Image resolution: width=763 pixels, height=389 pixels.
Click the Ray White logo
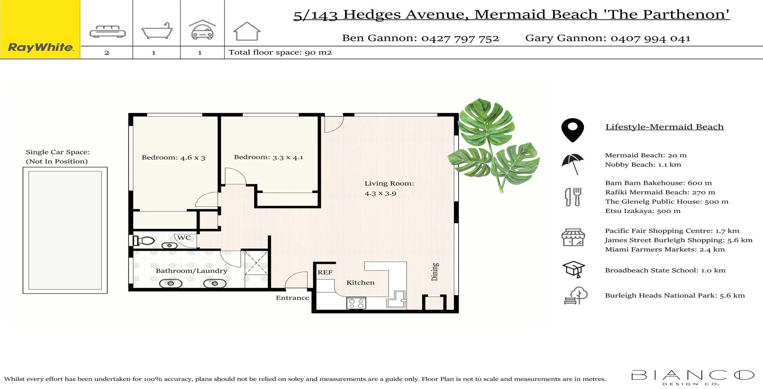(x=40, y=47)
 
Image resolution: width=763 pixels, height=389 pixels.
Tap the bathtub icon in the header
(x=157, y=31)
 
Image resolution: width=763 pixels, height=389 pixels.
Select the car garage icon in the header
(x=202, y=30)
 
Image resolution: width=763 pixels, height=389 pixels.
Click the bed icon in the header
(x=107, y=32)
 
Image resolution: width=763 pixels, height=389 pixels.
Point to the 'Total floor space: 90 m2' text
(x=280, y=53)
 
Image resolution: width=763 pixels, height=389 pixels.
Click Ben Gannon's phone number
(x=460, y=39)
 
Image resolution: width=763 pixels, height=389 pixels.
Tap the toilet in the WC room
(x=144, y=241)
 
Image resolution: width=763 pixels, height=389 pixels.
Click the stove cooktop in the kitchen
(x=356, y=303)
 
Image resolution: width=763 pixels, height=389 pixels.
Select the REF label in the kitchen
(x=325, y=272)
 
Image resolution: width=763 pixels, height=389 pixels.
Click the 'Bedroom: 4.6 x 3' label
(x=173, y=158)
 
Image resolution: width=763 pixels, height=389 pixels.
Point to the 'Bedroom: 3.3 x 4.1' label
(x=268, y=157)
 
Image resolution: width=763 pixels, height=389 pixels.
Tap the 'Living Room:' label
(x=389, y=183)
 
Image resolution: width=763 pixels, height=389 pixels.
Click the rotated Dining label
(x=435, y=272)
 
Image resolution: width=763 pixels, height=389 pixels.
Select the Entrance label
(x=292, y=298)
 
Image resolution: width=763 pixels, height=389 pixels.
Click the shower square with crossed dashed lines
(x=256, y=263)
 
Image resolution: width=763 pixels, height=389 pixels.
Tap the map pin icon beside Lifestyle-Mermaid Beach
(x=572, y=130)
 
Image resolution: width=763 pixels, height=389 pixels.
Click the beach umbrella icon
(x=573, y=163)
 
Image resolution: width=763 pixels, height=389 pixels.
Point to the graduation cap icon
(x=573, y=269)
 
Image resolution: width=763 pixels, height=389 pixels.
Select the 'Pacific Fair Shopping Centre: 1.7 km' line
(x=672, y=231)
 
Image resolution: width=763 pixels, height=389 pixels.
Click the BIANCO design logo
(x=692, y=377)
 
